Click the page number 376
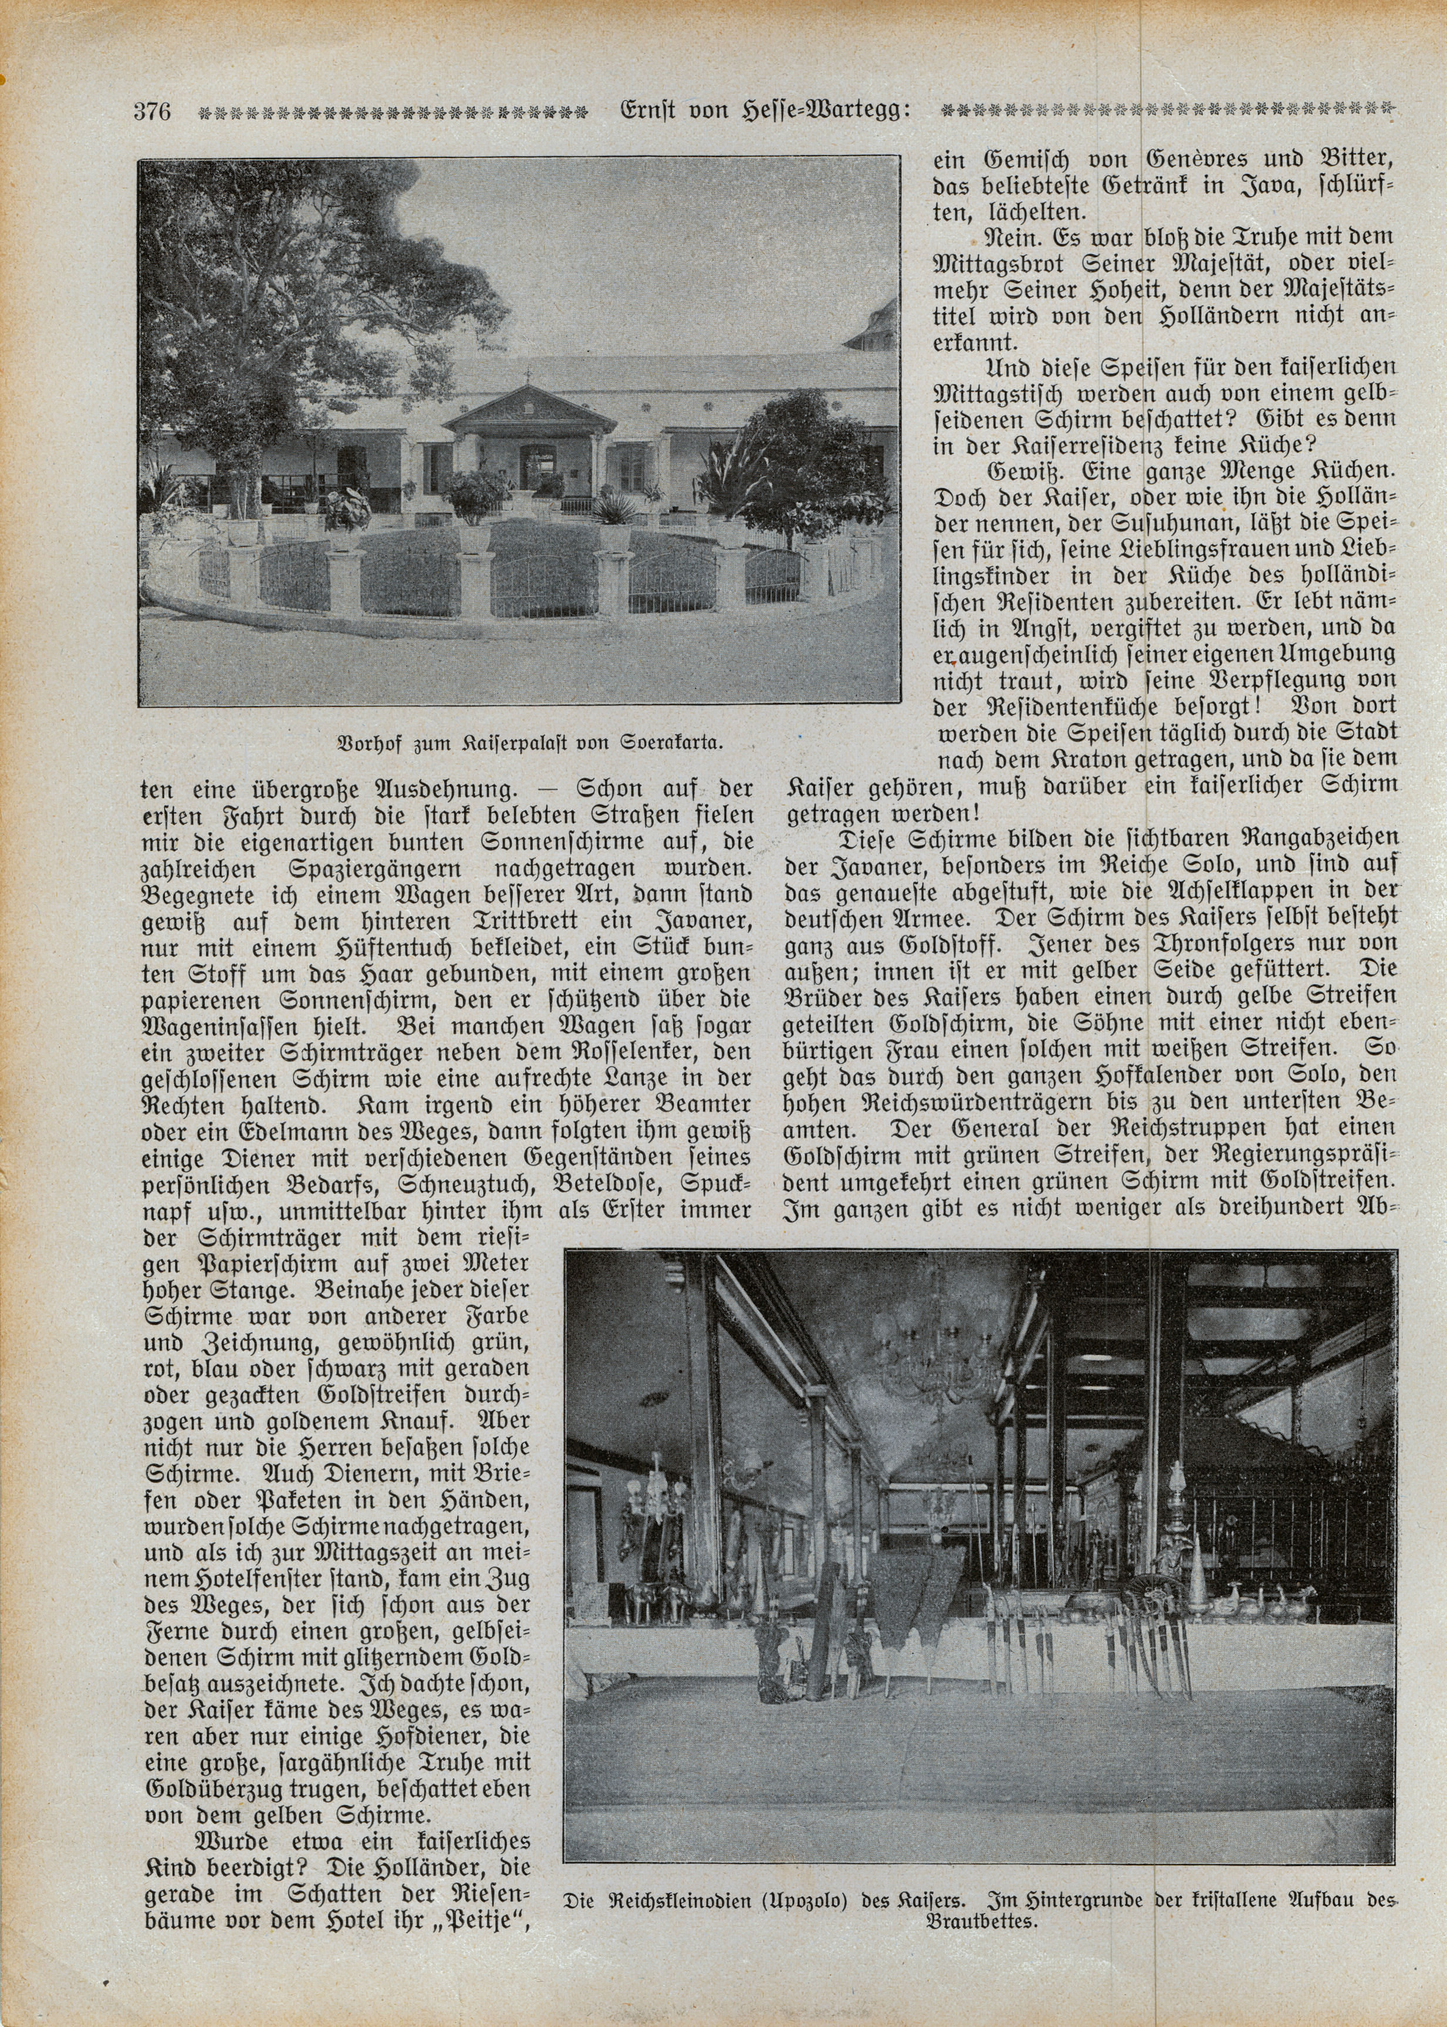pos(153,112)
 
